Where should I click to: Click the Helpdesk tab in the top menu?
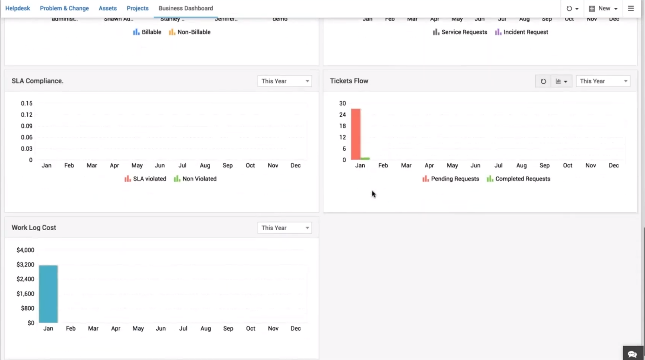pos(18,8)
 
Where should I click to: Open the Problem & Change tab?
pos(64,8)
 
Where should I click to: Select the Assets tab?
pos(107,8)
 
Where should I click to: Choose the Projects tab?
pos(138,8)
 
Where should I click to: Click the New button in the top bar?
pos(603,8)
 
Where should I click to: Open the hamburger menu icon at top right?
pos(631,8)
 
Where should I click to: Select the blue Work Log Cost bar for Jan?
pos(48,294)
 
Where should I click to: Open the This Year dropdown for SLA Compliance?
pos(285,81)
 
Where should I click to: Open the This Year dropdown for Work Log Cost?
pos(285,228)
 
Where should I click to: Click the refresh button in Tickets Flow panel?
pos(543,81)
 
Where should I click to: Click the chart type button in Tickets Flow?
pos(561,81)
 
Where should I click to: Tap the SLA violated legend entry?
pos(146,179)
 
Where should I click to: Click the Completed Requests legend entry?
pos(519,179)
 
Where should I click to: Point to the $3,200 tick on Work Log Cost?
pos(25,265)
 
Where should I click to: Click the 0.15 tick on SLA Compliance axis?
pos(27,103)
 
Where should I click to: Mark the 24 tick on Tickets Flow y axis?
pos(343,115)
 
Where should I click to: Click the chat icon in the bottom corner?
pos(632,354)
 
